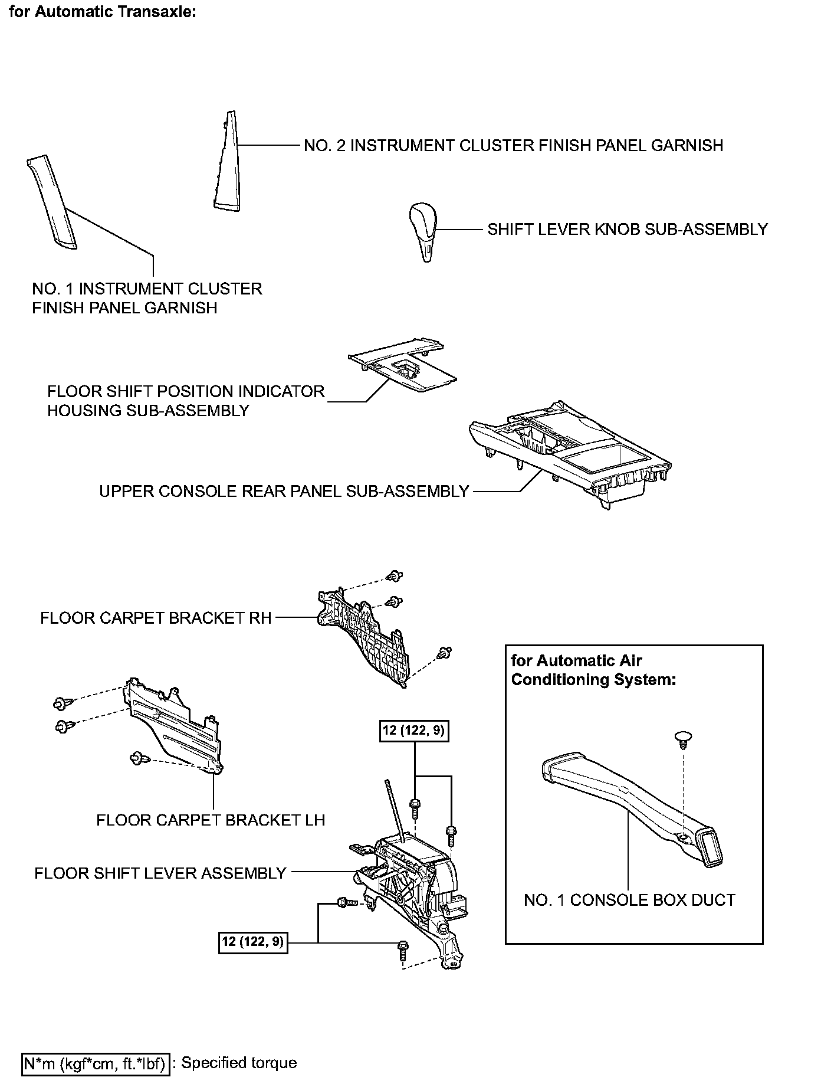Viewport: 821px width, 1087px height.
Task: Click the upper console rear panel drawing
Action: (566, 454)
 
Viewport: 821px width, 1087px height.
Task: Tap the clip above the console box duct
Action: (682, 739)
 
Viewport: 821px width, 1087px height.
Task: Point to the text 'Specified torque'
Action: (239, 1063)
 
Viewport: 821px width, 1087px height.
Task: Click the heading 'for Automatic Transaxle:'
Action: (103, 12)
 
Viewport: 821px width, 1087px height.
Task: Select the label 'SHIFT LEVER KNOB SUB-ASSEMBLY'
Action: (628, 229)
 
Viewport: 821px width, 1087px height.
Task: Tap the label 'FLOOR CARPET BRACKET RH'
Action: (156, 618)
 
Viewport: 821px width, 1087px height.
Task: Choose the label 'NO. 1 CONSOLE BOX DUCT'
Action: (629, 900)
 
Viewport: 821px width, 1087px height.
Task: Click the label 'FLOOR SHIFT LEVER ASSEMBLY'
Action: (160, 873)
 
